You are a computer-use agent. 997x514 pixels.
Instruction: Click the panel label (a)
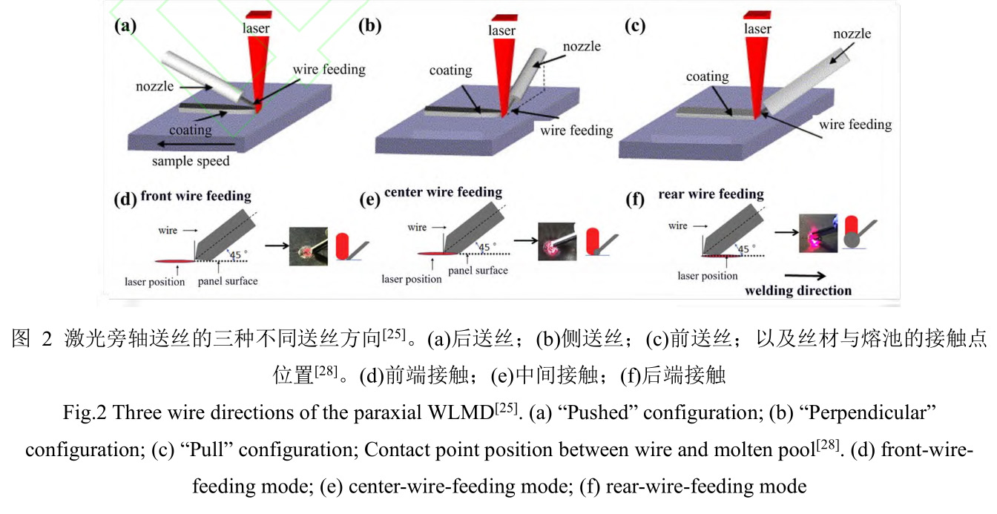[x=125, y=26]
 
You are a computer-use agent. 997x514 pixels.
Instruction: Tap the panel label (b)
[x=369, y=26]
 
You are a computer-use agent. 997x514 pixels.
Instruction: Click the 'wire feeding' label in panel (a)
[x=329, y=70]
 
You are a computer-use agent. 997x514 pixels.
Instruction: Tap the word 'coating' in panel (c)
[x=707, y=76]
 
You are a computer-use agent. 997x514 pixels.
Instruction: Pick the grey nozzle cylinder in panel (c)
[x=801, y=78]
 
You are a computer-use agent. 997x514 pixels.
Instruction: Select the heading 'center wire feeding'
[x=443, y=193]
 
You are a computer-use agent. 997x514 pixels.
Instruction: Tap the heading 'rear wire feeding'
[x=711, y=194]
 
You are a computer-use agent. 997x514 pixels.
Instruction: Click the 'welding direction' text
[x=798, y=290]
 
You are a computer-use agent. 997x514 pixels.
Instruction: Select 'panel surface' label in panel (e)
[x=478, y=271]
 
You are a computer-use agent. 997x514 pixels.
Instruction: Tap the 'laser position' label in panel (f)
[x=708, y=276]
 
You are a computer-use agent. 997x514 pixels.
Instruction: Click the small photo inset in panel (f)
[x=816, y=231]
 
